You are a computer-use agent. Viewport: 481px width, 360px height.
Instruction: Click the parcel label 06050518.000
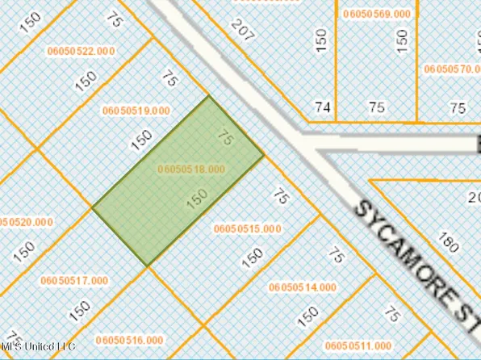click(192, 169)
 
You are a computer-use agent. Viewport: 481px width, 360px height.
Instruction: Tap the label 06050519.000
click(136, 110)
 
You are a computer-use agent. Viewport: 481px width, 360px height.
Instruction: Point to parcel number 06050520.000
click(27, 222)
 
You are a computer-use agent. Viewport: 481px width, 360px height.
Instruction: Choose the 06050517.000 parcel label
click(73, 280)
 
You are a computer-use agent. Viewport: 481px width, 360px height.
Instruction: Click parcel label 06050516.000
click(128, 340)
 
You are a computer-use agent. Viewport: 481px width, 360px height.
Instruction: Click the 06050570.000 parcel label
click(451, 69)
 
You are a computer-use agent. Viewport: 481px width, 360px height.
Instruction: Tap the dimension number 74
click(323, 107)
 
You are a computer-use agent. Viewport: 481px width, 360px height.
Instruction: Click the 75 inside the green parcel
click(226, 138)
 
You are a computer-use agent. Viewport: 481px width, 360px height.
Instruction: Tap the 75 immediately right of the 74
click(376, 107)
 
